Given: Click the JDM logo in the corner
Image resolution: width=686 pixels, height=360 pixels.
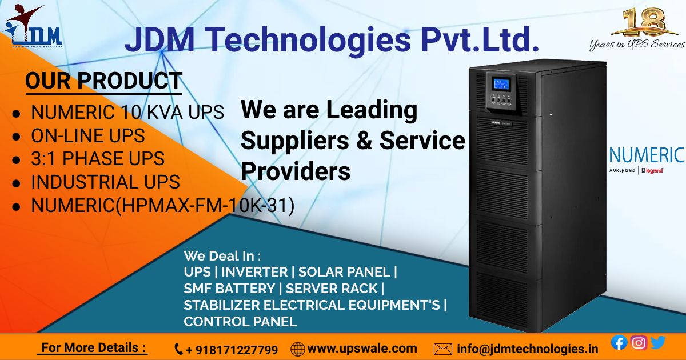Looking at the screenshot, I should [x=33, y=29].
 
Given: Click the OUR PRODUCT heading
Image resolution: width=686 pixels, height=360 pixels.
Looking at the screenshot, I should [x=103, y=81].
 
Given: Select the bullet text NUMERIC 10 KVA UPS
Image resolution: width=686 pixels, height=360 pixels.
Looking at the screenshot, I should [x=127, y=112].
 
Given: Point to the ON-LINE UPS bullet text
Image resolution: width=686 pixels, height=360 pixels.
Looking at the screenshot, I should [x=87, y=135].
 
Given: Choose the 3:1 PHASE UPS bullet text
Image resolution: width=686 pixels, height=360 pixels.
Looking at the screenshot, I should [x=97, y=158].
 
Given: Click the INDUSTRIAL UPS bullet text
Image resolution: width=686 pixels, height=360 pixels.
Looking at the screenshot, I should [x=105, y=182].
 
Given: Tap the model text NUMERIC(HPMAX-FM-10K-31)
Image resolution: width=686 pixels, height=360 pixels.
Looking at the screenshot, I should [x=162, y=205].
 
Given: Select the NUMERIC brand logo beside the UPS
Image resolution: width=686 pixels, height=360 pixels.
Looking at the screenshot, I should [x=646, y=155].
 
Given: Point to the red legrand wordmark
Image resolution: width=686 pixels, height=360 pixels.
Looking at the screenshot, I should [x=653, y=170].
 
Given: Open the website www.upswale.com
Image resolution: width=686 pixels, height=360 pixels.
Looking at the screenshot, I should [x=362, y=348].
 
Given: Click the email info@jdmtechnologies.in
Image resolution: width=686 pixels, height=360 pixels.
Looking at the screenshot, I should [x=527, y=349].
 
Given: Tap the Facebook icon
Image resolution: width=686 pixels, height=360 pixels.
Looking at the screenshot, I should [x=619, y=342].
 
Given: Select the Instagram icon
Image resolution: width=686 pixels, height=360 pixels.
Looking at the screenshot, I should [x=639, y=342].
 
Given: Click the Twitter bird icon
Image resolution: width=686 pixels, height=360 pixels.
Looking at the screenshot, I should [x=658, y=342].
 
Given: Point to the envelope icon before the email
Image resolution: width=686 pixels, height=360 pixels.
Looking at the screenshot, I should [x=443, y=349].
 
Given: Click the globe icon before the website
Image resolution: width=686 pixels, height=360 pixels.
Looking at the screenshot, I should [x=297, y=349].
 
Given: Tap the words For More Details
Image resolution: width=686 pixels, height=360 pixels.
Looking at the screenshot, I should [x=93, y=347].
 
